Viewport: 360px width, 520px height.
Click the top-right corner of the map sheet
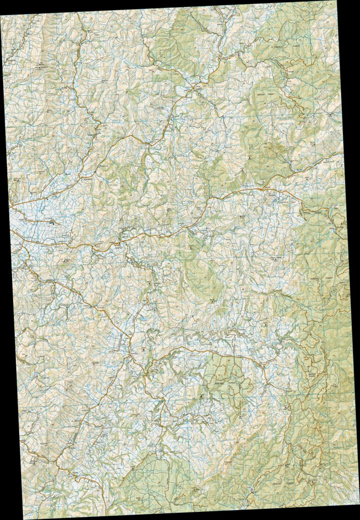click(x=337, y=1)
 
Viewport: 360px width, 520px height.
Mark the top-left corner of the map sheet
click(x=1, y=15)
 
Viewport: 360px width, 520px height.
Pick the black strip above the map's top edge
click(x=101, y=5)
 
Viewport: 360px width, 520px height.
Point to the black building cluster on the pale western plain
click(x=52, y=220)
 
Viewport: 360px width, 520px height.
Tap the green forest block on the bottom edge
click(x=152, y=487)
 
